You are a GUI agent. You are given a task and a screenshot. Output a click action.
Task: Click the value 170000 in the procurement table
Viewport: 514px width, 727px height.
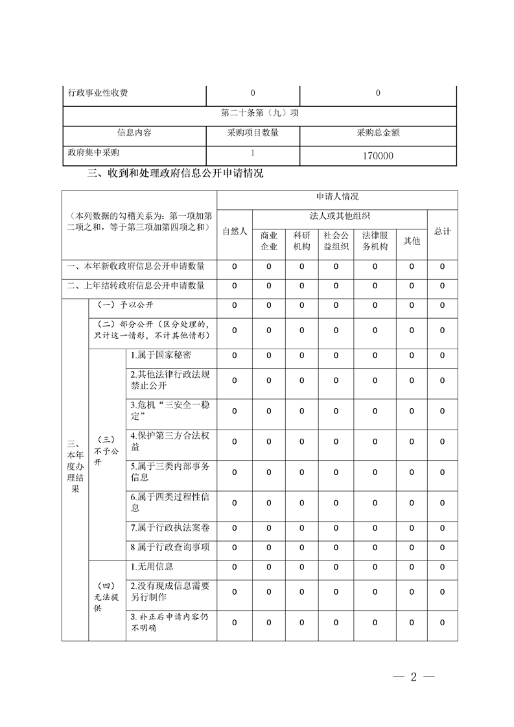378,156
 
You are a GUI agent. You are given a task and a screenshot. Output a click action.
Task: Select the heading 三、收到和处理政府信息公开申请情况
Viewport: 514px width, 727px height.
175,174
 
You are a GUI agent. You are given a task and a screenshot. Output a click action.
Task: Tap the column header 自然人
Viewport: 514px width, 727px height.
235,231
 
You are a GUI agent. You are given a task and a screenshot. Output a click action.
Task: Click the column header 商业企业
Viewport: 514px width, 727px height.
269,240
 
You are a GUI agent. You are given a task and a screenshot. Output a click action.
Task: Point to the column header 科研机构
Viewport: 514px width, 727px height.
301,240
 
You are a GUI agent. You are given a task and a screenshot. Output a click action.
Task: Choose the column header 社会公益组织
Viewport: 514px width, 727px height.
336,240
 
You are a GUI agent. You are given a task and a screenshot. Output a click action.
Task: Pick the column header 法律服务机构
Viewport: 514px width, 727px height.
375,240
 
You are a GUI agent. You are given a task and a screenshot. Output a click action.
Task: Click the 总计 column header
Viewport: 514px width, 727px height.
443,231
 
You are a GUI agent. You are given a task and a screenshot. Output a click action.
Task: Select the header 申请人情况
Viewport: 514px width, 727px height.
337,196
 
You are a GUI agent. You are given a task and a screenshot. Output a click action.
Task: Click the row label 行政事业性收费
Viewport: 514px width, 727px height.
98,93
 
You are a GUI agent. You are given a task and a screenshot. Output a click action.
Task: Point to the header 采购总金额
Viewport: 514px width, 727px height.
378,133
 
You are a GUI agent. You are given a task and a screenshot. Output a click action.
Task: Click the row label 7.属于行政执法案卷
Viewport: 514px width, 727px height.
170,528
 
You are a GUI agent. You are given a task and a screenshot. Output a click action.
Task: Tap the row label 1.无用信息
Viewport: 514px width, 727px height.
152,566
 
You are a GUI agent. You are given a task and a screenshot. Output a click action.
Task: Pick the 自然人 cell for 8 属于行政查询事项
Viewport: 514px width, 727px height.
235,547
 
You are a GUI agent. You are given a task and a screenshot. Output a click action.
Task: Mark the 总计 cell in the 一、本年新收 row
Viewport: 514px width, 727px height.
443,266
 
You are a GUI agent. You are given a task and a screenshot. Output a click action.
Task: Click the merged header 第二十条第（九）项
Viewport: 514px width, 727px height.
259,113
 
